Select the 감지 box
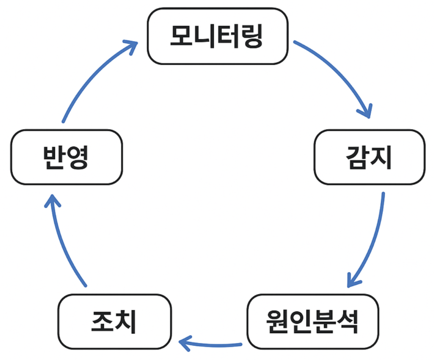(369, 157)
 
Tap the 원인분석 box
(313, 321)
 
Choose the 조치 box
(114, 321)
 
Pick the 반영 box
(66, 157)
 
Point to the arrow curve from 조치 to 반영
(61, 244)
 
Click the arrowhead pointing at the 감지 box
(366, 111)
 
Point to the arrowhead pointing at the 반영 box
(51, 201)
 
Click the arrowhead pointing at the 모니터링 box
(131, 45)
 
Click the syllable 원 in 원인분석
(277, 321)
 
